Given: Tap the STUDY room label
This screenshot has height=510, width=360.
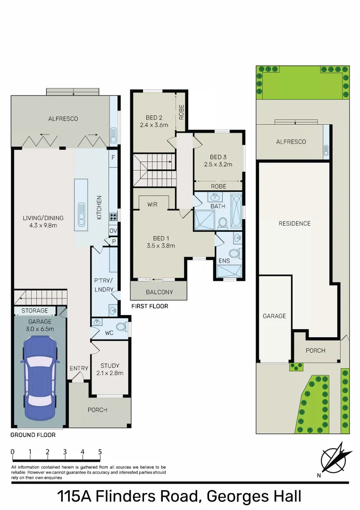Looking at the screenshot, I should (x=109, y=365).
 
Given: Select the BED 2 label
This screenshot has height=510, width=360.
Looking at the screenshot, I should (x=154, y=118).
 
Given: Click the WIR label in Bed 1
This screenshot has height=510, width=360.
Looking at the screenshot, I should (x=152, y=204).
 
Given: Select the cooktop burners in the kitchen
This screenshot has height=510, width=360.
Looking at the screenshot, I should (x=113, y=217).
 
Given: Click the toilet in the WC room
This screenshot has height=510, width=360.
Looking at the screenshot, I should (x=121, y=326).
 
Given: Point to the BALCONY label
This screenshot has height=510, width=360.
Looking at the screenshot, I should (x=159, y=292).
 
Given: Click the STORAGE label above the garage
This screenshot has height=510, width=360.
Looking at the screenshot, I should (x=34, y=311).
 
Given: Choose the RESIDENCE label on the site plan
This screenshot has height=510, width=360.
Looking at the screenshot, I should (x=294, y=223).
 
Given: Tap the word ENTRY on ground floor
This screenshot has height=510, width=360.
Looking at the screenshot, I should (x=79, y=368).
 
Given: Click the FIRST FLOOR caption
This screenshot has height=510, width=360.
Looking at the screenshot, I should (x=149, y=306).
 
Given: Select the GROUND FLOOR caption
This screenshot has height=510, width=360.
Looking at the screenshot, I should (x=33, y=435).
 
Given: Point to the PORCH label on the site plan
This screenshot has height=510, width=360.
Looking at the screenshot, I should (x=315, y=350).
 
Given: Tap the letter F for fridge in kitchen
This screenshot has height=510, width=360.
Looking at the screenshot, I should (x=113, y=158).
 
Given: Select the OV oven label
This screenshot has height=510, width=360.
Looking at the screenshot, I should (x=113, y=230).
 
